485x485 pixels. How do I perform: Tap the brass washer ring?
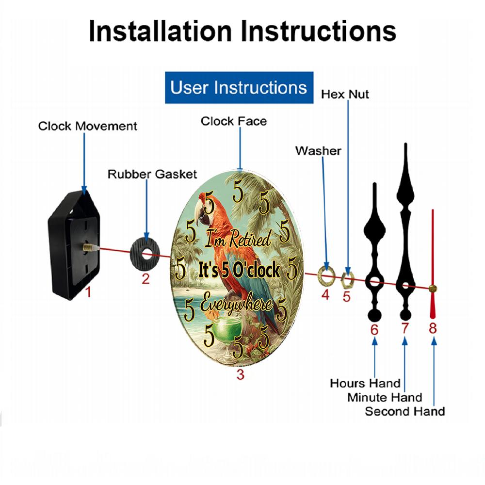[x=326, y=275]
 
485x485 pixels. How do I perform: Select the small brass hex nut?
[x=347, y=279]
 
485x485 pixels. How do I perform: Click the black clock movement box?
[x=74, y=245]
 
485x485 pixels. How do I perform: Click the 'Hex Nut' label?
[x=345, y=95]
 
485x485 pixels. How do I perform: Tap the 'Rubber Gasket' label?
[x=152, y=174]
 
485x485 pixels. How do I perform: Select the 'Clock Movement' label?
[x=87, y=126]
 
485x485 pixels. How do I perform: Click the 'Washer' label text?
[x=318, y=151]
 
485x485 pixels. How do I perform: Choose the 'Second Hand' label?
[x=405, y=411]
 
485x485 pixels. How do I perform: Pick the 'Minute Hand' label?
[x=385, y=397]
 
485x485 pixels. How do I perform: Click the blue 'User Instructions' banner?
[x=239, y=87]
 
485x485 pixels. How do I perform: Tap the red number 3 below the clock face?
[x=241, y=374]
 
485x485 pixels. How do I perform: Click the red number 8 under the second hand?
[x=433, y=328]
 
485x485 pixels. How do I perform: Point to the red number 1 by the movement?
[x=88, y=292]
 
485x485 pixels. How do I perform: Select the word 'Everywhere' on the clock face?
[x=236, y=304]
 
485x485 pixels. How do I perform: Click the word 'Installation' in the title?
[x=160, y=31]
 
